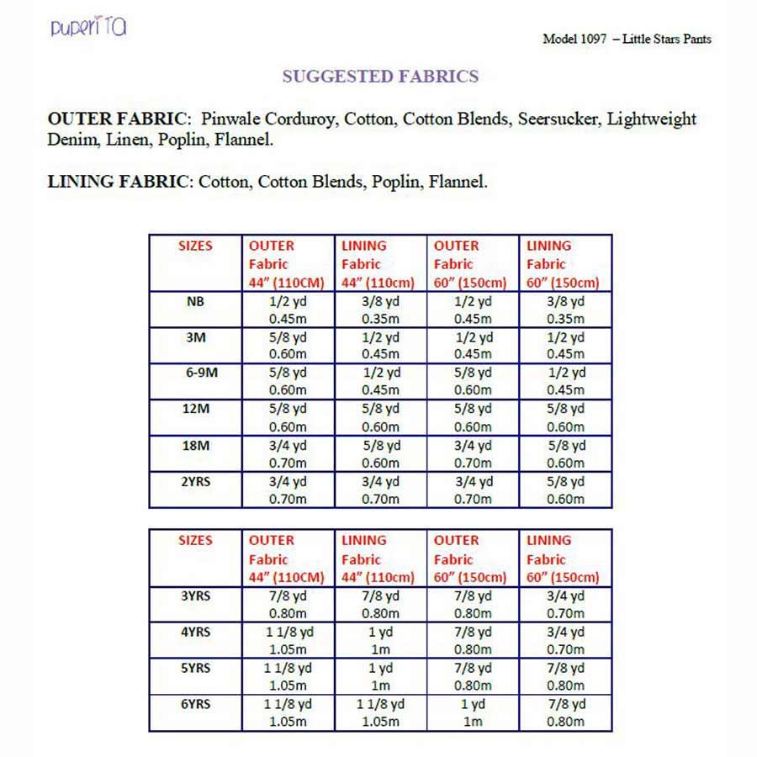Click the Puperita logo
pos(88,27)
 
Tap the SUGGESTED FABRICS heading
pos(380,77)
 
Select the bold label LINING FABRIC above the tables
pos(120,181)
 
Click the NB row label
pos(195,301)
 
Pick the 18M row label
pos(195,445)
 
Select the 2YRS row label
pos(195,481)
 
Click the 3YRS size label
pos(195,596)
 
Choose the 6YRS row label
pos(195,704)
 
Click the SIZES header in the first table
pos(195,246)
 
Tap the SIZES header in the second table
pos(195,540)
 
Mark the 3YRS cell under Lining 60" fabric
pos(565,605)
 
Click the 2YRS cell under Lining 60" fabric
pos(565,490)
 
